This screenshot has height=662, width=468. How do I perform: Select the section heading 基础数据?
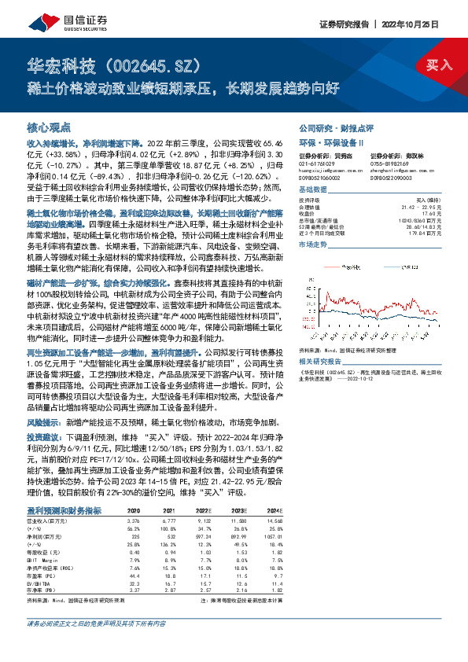coord(315,191)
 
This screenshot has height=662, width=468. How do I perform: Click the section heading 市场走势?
coord(315,245)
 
